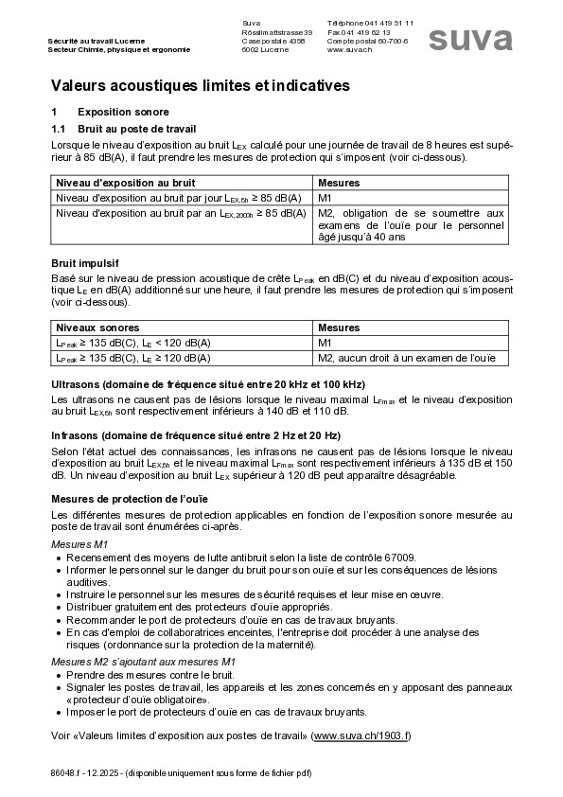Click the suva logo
[470, 39]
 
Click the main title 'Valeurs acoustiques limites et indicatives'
[200, 85]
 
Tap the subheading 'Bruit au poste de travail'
[136, 128]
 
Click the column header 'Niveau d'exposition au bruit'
[125, 182]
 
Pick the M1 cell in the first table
[325, 198]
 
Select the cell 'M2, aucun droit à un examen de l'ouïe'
[407, 358]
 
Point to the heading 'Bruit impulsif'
[84, 263]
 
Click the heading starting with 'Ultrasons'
[206, 385]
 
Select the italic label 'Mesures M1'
[79, 544]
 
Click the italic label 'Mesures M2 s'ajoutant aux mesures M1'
[143, 662]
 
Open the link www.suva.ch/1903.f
[361, 735]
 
